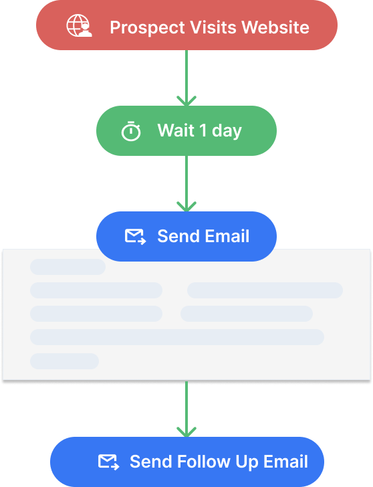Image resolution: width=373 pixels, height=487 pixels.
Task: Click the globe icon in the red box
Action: click(79, 25)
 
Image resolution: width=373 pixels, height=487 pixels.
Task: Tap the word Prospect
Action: click(148, 27)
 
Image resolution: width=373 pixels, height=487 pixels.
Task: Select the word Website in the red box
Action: click(275, 27)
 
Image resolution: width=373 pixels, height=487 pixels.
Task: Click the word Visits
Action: click(213, 27)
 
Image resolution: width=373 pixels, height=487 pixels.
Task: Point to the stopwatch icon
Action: click(130, 131)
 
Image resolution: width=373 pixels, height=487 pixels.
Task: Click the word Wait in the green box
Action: click(176, 130)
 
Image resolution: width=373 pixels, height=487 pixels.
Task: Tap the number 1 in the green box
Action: click(203, 130)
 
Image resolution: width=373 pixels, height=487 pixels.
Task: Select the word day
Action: click(227, 131)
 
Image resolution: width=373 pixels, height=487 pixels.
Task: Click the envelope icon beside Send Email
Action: click(135, 237)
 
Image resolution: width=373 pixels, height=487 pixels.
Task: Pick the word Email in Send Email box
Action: click(227, 236)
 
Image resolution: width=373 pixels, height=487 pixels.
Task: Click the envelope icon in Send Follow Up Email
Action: click(108, 462)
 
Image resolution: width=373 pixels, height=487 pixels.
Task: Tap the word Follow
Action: click(204, 462)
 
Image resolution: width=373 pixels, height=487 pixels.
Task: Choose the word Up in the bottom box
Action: click(247, 463)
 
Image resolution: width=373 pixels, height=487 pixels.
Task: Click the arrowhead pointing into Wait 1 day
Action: click(186, 101)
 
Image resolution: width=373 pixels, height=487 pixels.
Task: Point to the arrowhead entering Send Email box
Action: click(186, 207)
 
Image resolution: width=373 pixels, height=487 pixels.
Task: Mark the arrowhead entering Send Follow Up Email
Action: click(186, 432)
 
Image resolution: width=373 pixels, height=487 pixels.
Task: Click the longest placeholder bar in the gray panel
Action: click(177, 337)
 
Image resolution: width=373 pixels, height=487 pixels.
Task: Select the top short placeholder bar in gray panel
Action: click(68, 267)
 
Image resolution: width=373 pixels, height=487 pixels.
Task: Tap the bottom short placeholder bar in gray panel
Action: click(65, 361)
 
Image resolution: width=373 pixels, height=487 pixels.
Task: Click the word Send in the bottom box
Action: click(151, 462)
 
